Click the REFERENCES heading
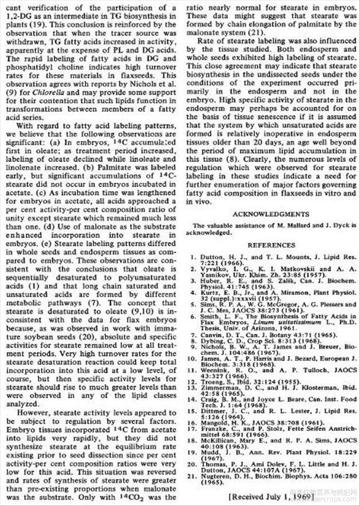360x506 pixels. pyautogui.click(x=272, y=245)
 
